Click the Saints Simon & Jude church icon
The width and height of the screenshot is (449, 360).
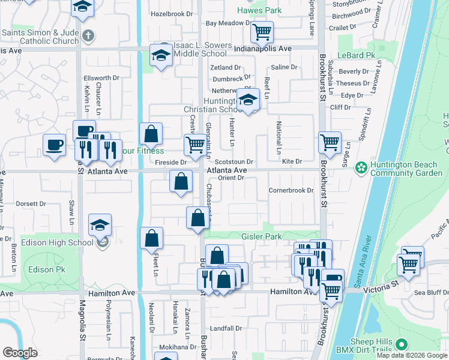pyautogui.click(x=88, y=36)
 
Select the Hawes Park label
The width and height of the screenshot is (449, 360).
pyautogui.click(x=259, y=11)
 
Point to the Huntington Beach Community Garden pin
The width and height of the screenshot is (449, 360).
pyautogui.click(x=361, y=166)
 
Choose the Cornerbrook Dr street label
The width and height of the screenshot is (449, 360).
pyautogui.click(x=291, y=191)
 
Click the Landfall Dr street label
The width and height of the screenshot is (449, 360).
pyautogui.click(x=226, y=329)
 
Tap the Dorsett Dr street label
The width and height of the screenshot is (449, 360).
pyautogui.click(x=28, y=203)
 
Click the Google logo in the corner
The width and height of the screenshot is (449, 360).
pyautogui.click(x=20, y=353)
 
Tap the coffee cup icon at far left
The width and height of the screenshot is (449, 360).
pyautogui.click(x=54, y=145)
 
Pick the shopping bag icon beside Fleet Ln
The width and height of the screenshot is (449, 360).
pyautogui.click(x=151, y=238)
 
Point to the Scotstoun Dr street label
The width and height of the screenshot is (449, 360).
pyautogui.click(x=235, y=161)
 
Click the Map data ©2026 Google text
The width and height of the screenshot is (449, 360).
pyautogui.click(x=411, y=355)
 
